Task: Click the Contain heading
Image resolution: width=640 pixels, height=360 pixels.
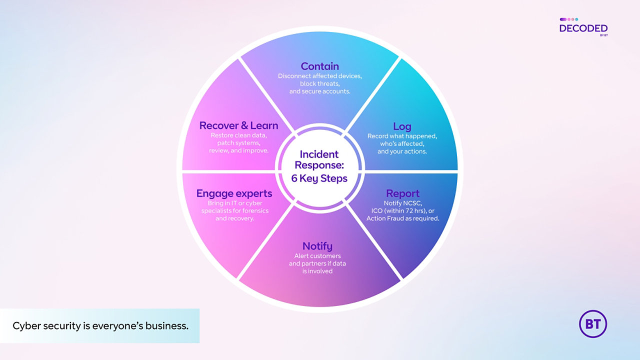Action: click(x=319, y=66)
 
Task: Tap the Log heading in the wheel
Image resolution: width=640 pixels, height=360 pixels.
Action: click(x=402, y=126)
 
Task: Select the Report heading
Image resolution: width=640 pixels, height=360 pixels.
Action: click(x=402, y=193)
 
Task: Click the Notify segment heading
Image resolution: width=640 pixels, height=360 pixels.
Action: click(x=317, y=246)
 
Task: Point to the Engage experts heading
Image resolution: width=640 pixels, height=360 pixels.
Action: click(x=234, y=193)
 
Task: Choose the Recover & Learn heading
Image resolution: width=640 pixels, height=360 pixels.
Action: click(x=238, y=125)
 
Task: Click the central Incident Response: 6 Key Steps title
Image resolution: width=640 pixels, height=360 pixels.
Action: click(x=319, y=166)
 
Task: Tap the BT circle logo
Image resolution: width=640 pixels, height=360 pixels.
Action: click(x=592, y=324)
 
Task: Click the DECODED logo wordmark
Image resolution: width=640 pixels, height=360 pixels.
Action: click(x=583, y=28)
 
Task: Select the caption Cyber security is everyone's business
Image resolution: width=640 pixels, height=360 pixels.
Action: click(x=100, y=326)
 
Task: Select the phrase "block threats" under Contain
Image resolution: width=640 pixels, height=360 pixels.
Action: click(x=319, y=84)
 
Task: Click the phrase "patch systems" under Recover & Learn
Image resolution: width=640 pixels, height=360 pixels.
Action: click(x=238, y=143)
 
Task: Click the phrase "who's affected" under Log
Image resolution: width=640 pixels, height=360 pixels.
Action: click(x=402, y=143)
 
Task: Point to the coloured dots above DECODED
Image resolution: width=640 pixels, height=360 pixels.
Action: click(x=568, y=19)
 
